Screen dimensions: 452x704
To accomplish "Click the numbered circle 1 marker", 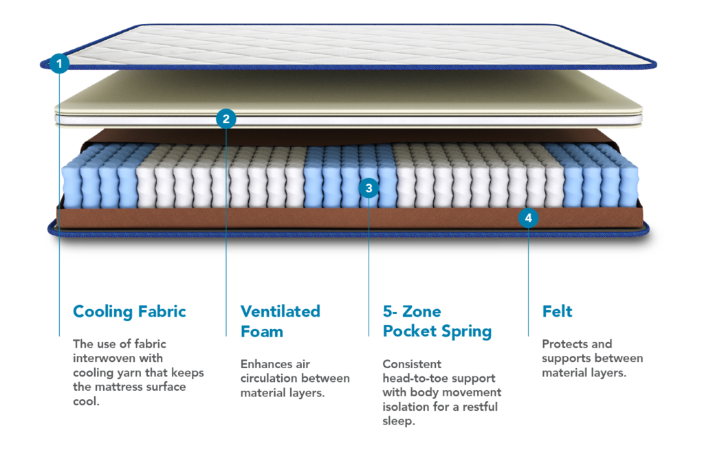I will coord(60,64).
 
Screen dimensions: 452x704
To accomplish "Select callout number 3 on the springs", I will coord(368,187).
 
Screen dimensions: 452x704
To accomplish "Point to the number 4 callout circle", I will coord(528,218).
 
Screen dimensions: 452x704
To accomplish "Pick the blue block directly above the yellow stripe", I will coord(456,328).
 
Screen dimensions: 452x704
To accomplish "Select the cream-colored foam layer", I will coord(344,93).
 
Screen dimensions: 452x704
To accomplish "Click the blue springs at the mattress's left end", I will coord(100,182).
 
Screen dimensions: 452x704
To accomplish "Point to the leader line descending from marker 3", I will coord(369,275).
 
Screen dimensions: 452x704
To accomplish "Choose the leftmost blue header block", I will coord(149,321).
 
